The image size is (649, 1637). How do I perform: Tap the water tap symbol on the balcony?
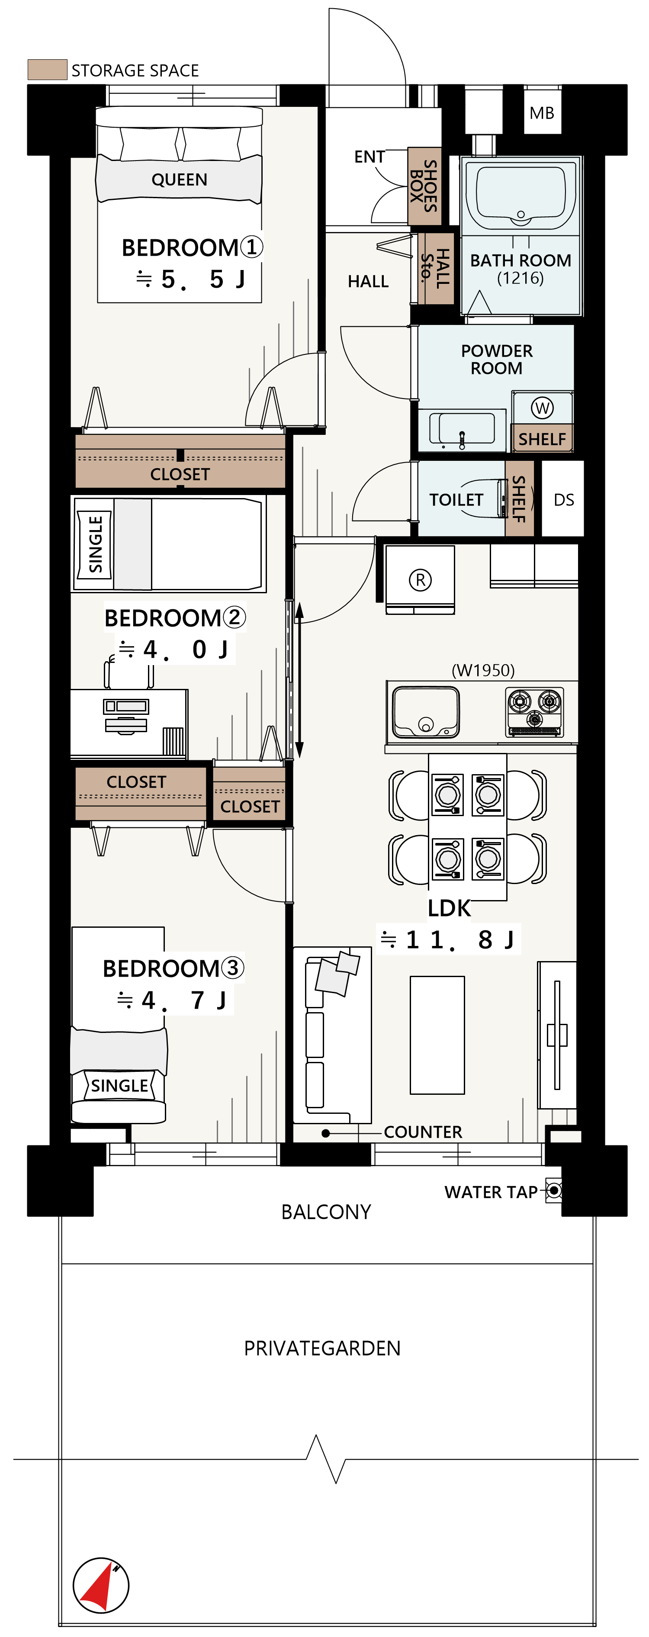click(554, 1190)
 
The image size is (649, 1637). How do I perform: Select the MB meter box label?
click(542, 113)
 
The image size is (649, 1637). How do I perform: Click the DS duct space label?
click(563, 500)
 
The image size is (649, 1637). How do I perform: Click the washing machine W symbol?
click(542, 408)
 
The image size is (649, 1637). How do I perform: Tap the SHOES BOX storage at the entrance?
click(424, 186)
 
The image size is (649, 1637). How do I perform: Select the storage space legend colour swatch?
click(47, 69)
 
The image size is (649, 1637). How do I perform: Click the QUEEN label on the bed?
click(179, 180)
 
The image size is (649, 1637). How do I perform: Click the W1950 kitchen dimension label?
click(483, 670)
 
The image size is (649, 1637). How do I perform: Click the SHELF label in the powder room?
click(542, 439)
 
